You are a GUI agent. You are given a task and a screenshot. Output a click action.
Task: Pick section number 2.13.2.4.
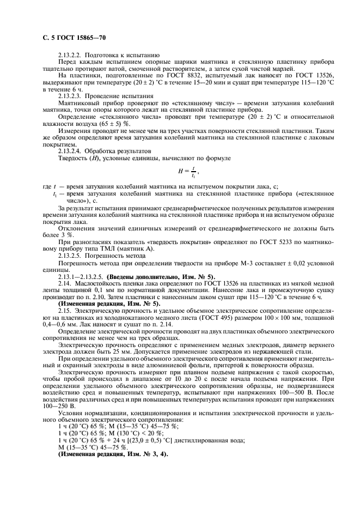71,150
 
